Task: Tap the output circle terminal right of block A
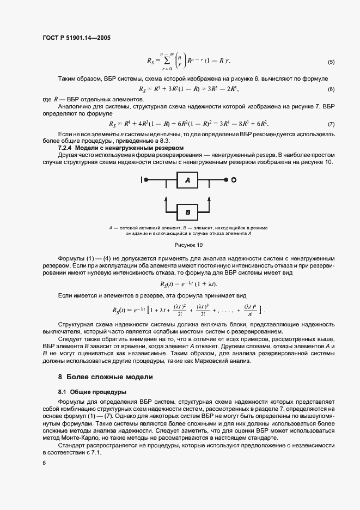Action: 233,179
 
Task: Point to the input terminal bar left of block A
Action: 143,179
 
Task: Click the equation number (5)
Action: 331,61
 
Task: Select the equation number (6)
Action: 331,89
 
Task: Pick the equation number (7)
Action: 331,125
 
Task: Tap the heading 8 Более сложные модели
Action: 105,377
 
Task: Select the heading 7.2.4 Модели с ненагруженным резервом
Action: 121,148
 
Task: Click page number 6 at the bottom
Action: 44,463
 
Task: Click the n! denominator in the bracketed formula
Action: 251,314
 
